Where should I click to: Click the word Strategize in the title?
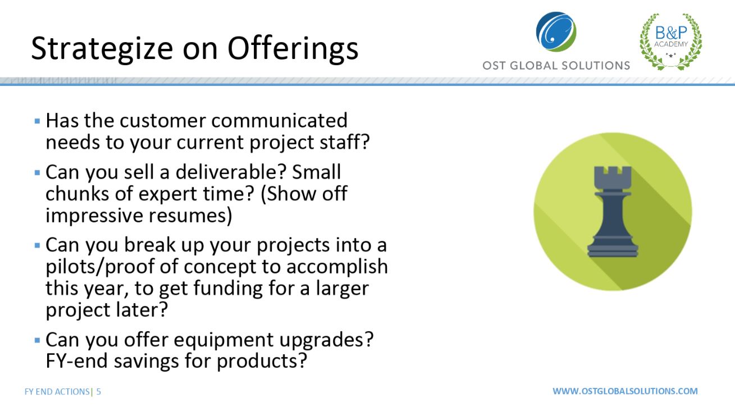pos(102,49)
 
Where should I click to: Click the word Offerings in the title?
pos(293,49)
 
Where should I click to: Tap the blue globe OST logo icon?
pos(556,32)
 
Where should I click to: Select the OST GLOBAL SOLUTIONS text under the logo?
pos(556,66)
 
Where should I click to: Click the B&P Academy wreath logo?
pos(671,42)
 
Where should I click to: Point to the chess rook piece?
pos(613,212)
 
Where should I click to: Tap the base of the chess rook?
pos(613,249)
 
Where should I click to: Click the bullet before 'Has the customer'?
pos(37,121)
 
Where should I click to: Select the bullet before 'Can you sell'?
pos(37,172)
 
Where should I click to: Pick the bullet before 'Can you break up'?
pos(37,245)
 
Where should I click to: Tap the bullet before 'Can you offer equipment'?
pos(37,340)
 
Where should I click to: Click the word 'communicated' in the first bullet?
pos(279,120)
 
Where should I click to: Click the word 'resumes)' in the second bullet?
pos(190,216)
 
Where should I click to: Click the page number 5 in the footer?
pos(98,392)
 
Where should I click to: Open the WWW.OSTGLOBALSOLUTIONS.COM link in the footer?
pos(625,391)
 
